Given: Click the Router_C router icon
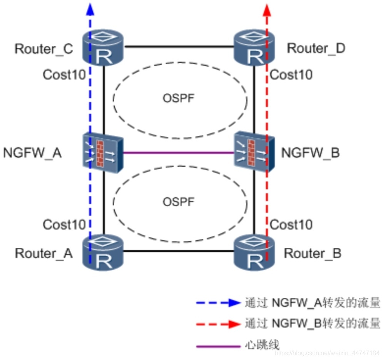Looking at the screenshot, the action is (x=103, y=47).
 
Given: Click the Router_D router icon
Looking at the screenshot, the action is (x=254, y=47).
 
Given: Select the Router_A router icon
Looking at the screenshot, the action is (x=103, y=253).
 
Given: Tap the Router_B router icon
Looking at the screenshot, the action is (x=254, y=253).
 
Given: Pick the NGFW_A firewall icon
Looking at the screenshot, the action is (x=103, y=153).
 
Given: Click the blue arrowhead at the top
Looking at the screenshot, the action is (x=90, y=9).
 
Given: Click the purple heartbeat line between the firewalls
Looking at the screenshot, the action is (x=179, y=153).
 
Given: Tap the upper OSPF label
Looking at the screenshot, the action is (x=179, y=98).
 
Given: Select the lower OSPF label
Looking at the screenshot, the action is (x=179, y=202).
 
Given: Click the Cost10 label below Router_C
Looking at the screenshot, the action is (x=64, y=75).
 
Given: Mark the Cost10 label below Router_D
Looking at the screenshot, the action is (x=291, y=75).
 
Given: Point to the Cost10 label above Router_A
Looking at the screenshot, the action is (x=64, y=225).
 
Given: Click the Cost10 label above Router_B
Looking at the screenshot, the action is (x=291, y=225).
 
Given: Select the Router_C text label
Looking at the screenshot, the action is (x=44, y=49).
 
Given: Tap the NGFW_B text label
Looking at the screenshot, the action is (x=311, y=153).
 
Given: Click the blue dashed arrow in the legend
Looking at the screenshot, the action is (x=218, y=303).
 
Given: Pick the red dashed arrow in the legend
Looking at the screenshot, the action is (x=218, y=324).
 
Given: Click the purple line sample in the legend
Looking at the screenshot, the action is (x=218, y=346).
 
